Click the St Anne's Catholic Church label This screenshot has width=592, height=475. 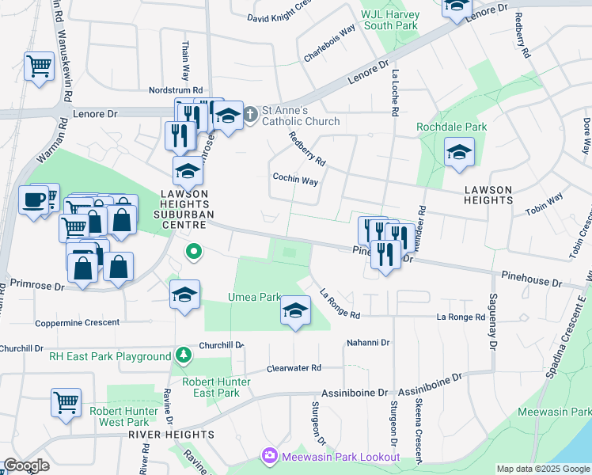tap(300, 116)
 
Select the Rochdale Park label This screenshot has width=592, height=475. tap(452, 127)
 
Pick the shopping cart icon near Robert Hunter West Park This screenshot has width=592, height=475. tap(66, 402)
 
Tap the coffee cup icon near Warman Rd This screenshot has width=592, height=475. tap(34, 199)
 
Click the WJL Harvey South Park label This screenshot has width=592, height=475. tap(389, 19)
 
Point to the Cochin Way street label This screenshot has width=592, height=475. tap(295, 180)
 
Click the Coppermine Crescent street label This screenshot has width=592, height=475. tap(78, 322)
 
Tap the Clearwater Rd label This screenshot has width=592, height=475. tap(294, 368)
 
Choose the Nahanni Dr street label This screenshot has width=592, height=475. tap(368, 343)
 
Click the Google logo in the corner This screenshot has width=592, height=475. tap(26, 466)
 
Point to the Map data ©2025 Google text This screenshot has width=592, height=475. tap(542, 469)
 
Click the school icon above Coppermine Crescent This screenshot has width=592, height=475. tap(184, 296)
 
